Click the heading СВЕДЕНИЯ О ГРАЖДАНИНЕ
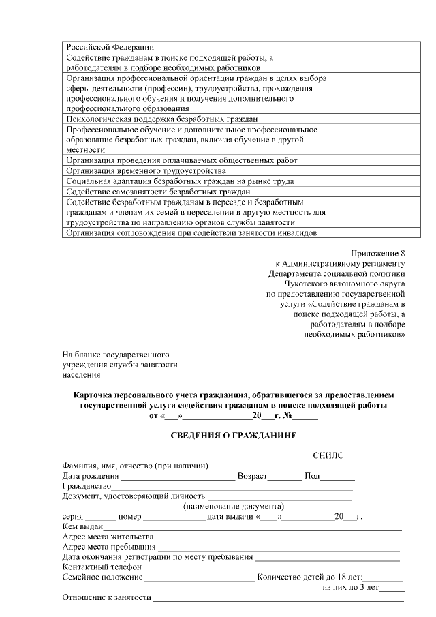pos(234,434)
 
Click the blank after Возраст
pos(285,476)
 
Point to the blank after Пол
pos(333,476)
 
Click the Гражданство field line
pos(232,487)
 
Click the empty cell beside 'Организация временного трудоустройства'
pos(367,170)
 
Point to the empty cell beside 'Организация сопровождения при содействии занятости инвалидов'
pos(367,232)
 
